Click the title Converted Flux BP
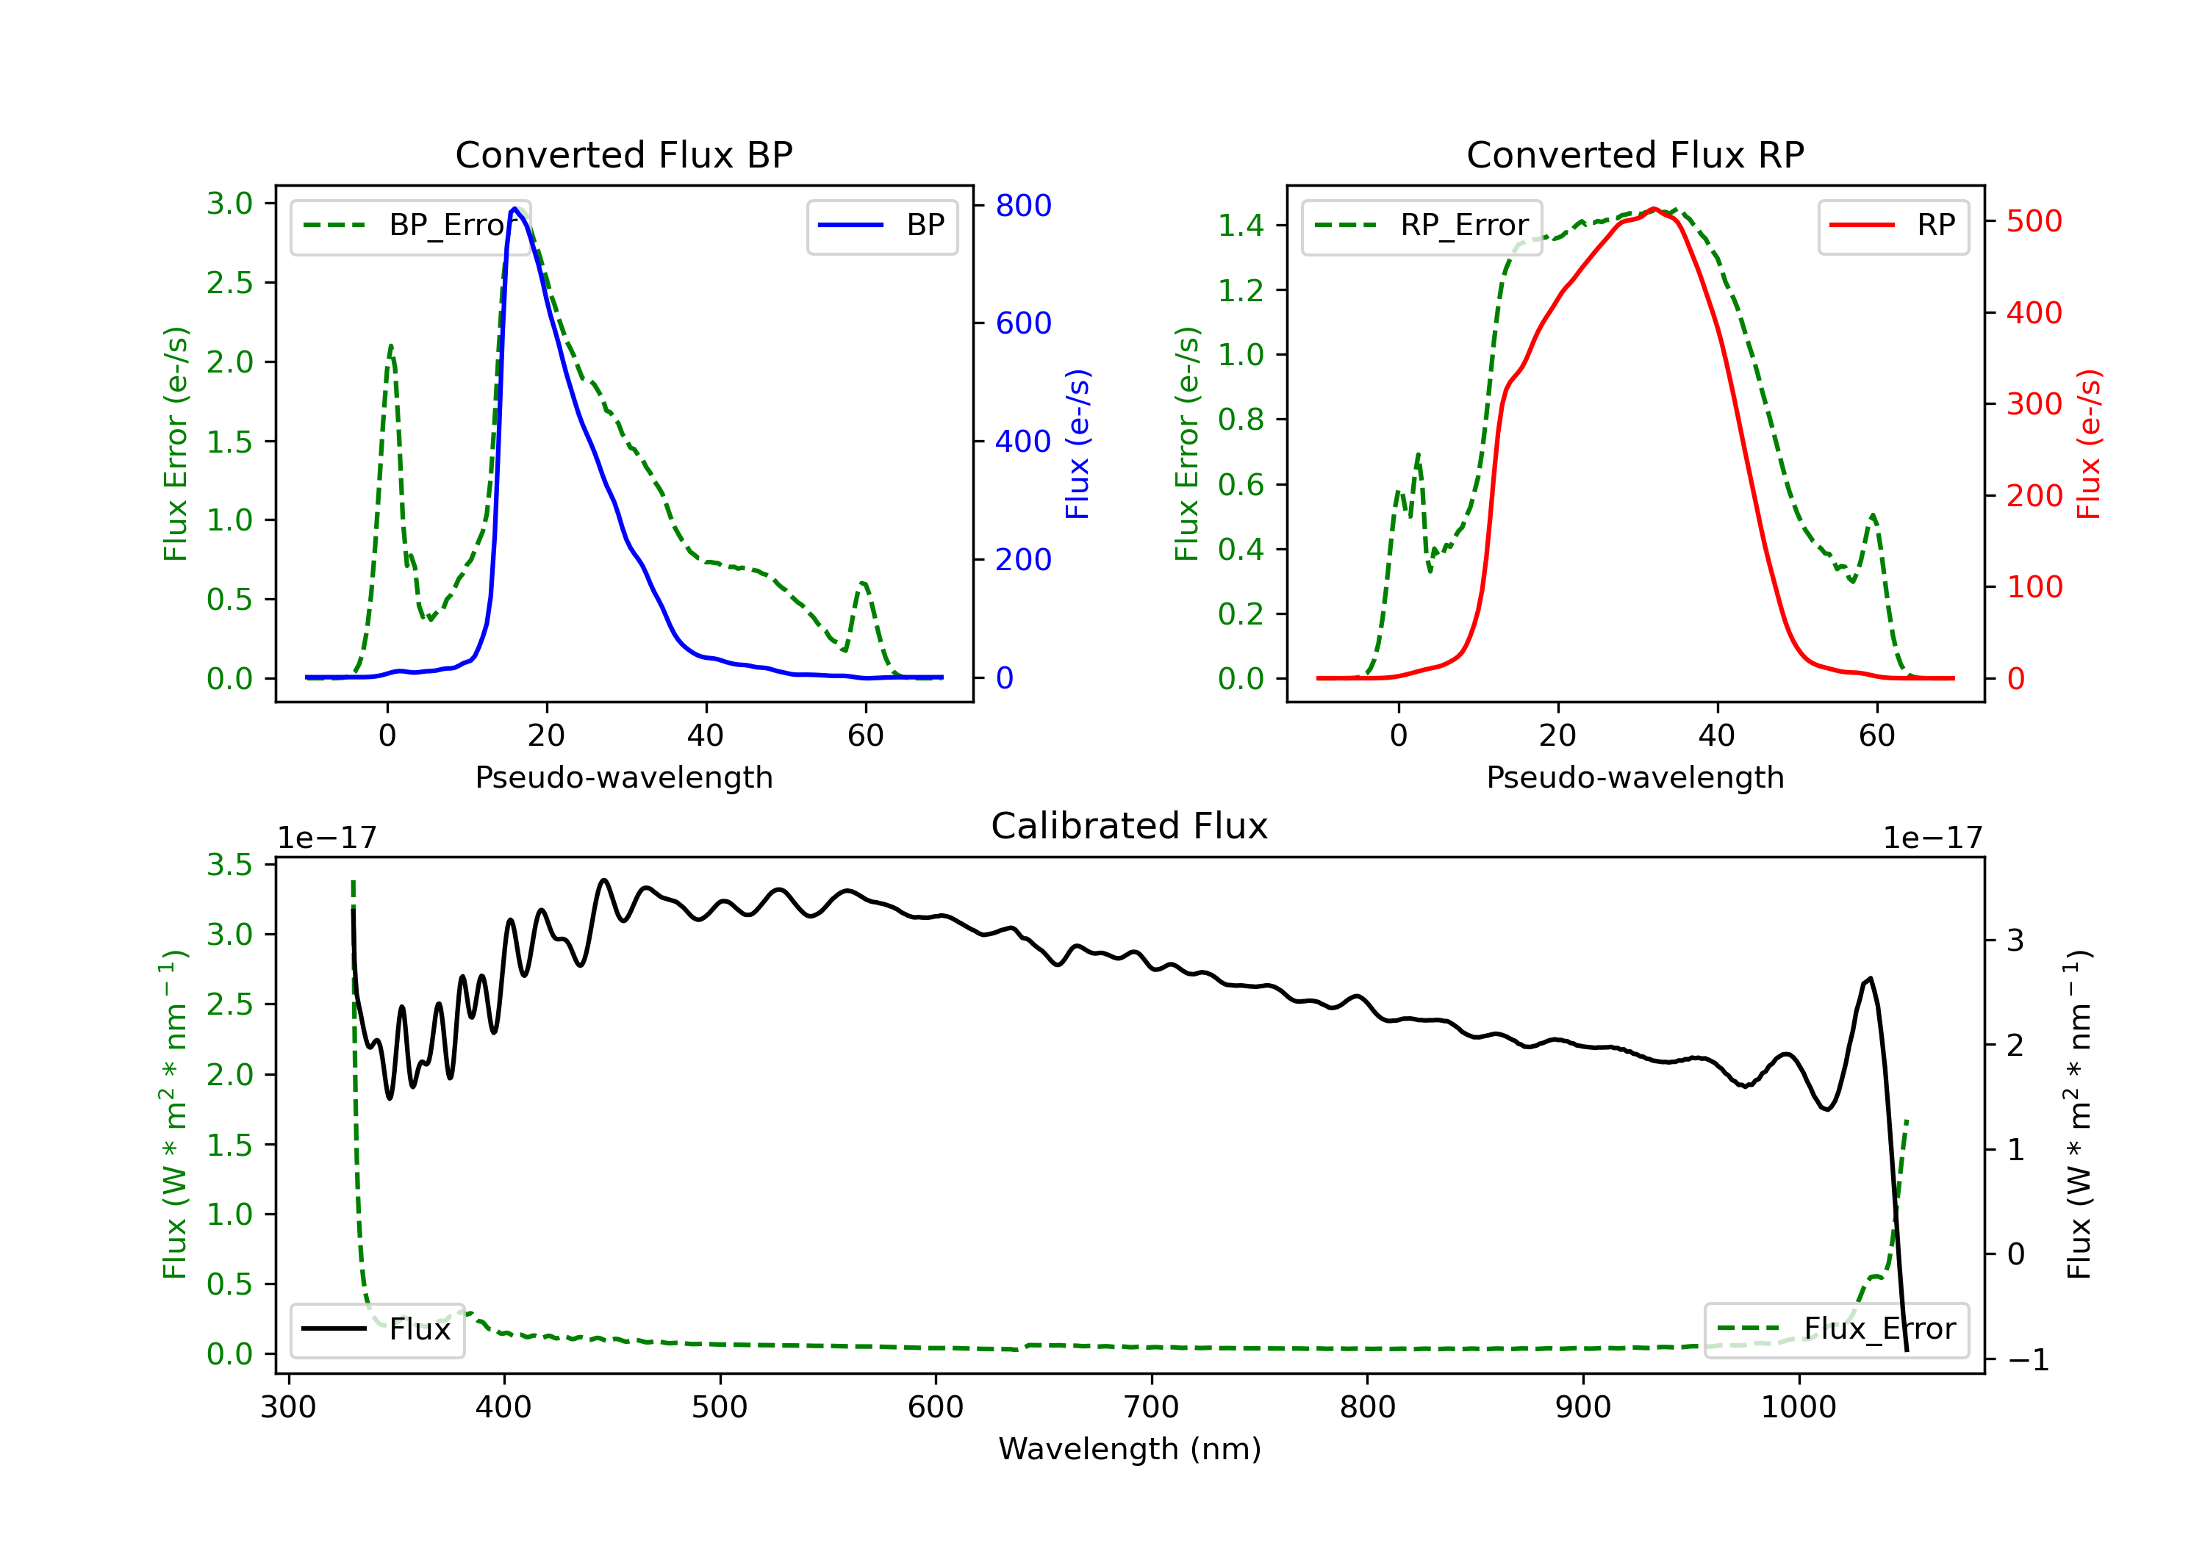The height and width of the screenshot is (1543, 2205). tap(623, 154)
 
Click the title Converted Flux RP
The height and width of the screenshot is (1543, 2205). tap(1635, 154)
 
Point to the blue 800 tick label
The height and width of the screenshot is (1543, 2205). tap(1023, 206)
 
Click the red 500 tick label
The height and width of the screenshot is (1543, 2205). tap(2034, 222)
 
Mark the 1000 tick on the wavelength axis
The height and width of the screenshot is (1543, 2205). tap(1798, 1408)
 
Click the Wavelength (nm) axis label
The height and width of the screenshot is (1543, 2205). tap(1130, 1449)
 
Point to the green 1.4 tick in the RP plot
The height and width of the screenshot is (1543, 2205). tap(1241, 226)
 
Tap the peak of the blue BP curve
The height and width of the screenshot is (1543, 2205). tap(514, 209)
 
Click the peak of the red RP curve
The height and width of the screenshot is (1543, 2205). tap(1654, 209)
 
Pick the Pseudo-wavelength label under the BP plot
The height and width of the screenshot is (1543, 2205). tap(623, 777)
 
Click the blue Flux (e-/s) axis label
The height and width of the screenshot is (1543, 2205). tap(1078, 444)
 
